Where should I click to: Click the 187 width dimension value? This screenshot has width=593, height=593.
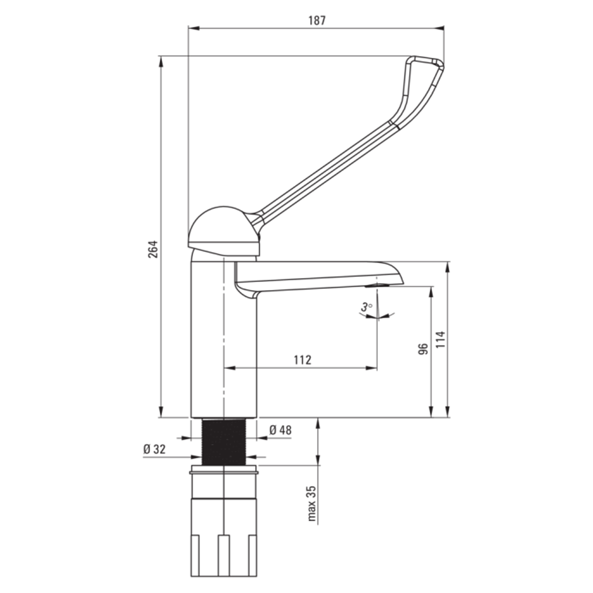click(316, 20)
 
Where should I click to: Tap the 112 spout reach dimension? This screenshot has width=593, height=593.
click(302, 360)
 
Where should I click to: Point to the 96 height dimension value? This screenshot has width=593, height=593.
click(423, 349)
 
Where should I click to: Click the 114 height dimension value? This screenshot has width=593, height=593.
click(441, 339)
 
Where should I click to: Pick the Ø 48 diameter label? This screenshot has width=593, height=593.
click(280, 430)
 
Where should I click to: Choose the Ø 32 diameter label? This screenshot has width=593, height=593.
click(154, 449)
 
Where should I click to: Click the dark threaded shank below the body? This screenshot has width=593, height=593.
click(224, 442)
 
